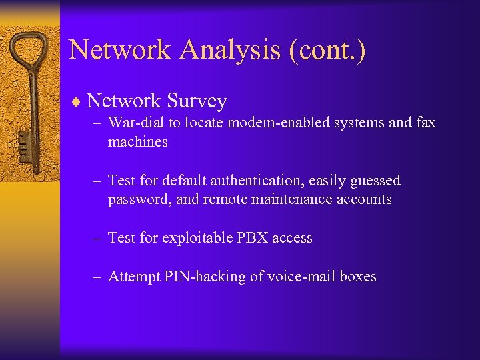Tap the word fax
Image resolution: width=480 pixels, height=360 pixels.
click(x=424, y=123)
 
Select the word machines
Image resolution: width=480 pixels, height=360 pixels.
click(x=137, y=141)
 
